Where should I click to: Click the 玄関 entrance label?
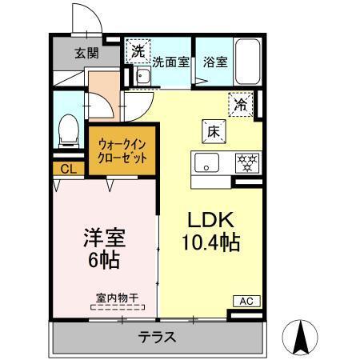point(87,54)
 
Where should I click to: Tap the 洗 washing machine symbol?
point(138,49)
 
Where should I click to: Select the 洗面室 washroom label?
point(170,62)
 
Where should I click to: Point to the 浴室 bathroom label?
point(214,62)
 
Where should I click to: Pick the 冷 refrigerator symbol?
point(241,103)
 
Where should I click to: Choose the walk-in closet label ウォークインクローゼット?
point(122,151)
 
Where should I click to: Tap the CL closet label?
point(68,169)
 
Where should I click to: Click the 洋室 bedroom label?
point(105,239)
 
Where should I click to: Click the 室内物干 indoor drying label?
point(117,298)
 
